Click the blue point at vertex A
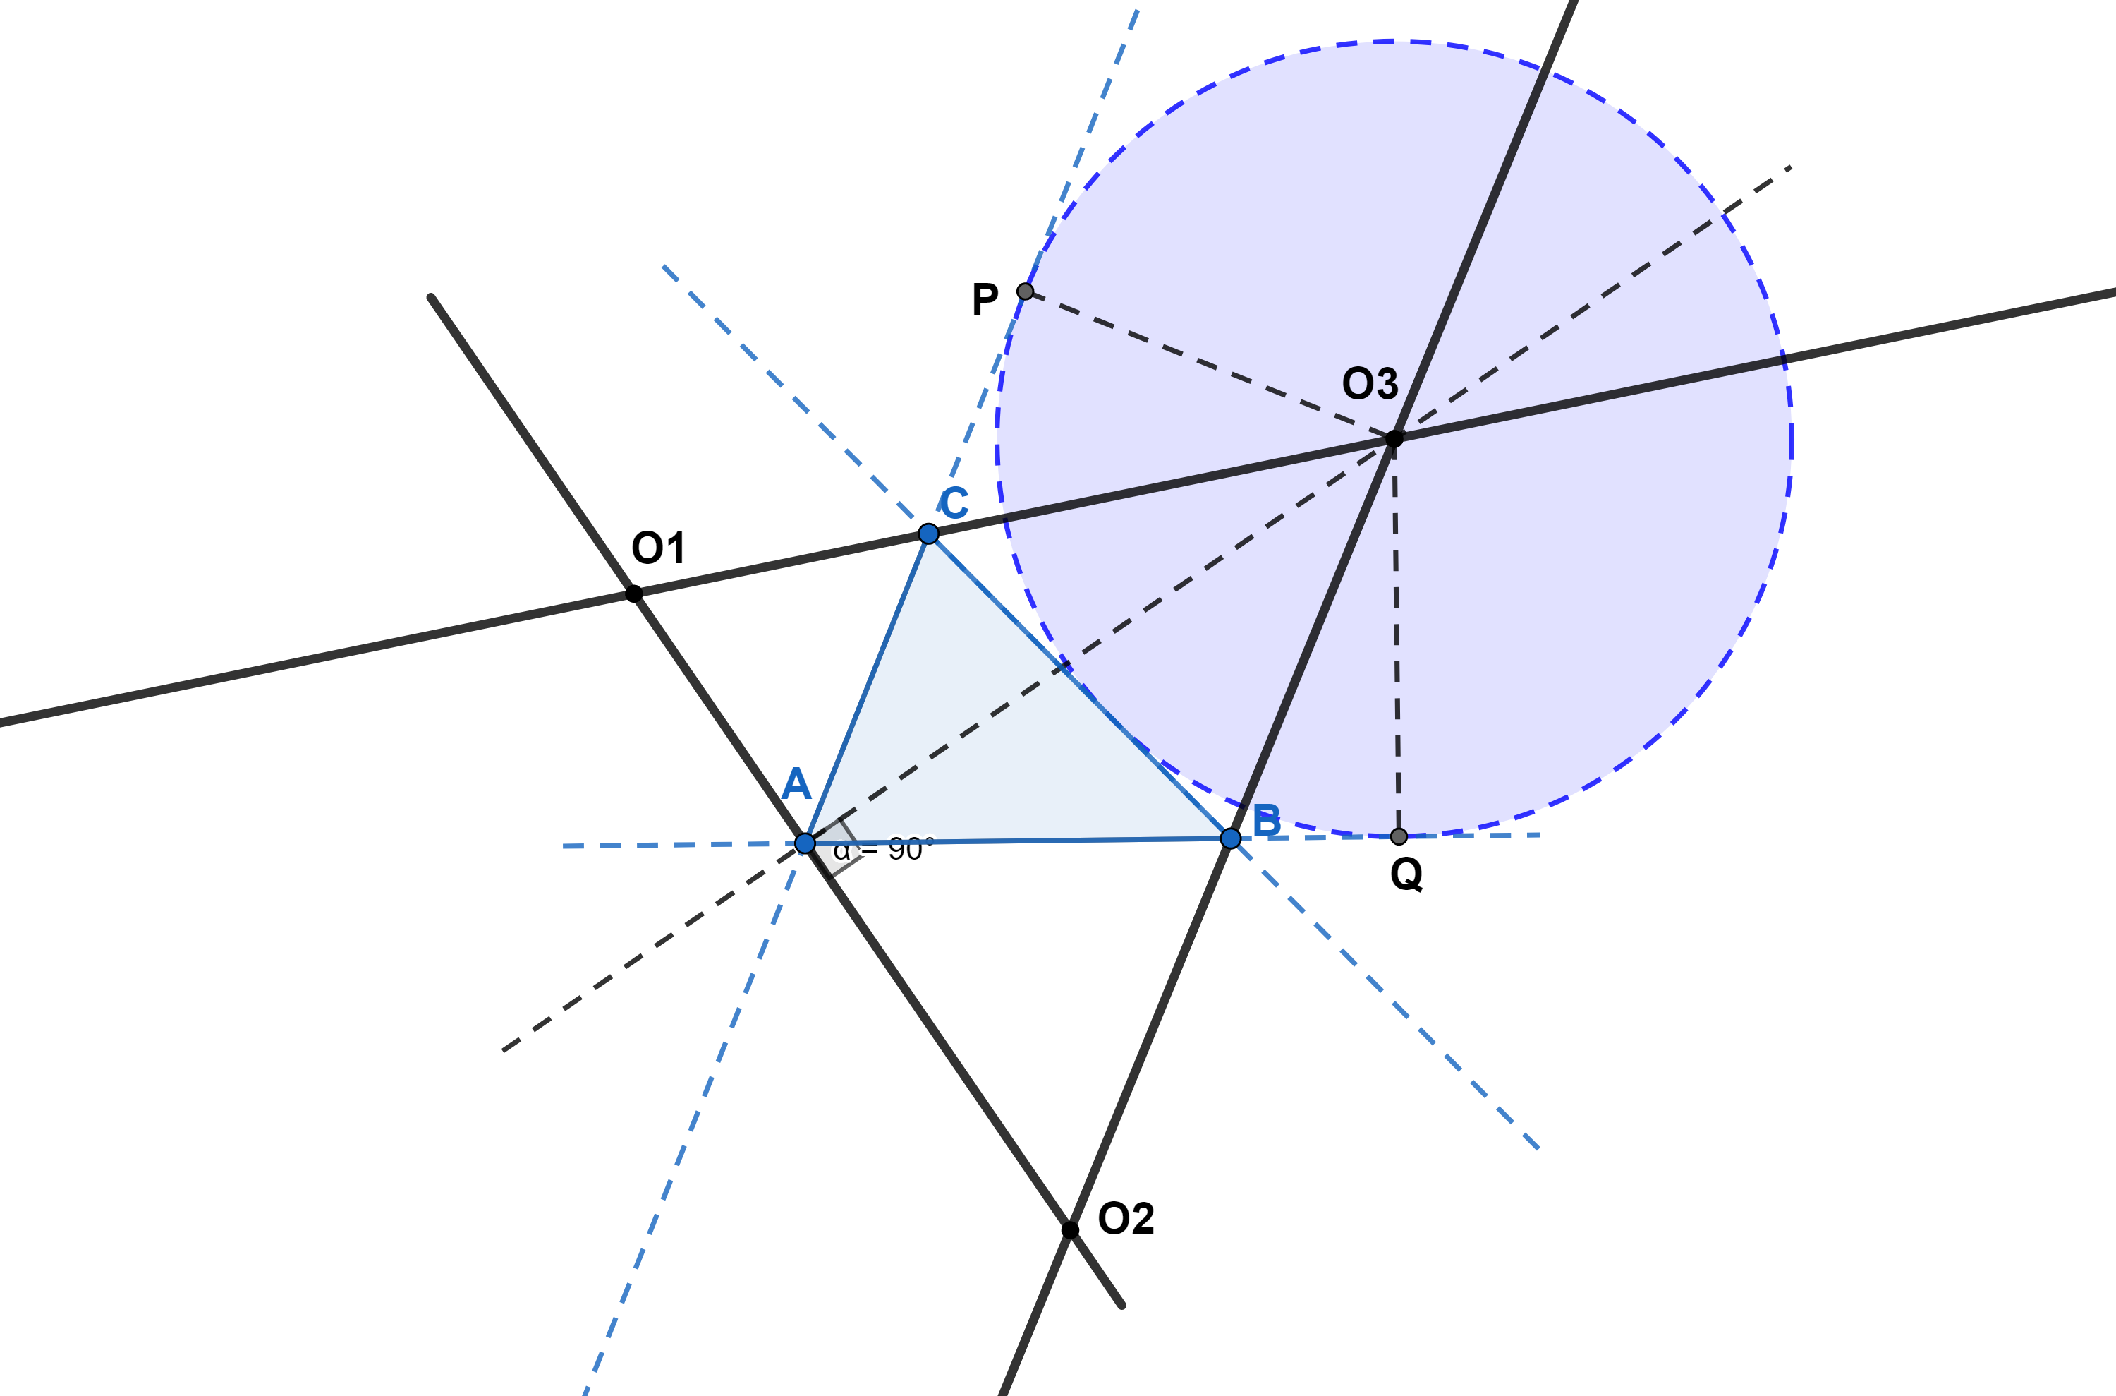(x=804, y=843)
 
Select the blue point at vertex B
(x=1231, y=838)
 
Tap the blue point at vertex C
(x=928, y=534)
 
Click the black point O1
(x=633, y=593)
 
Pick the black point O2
(x=1071, y=1230)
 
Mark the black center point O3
(x=1394, y=438)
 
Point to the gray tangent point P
(x=1025, y=291)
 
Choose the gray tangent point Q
(x=1399, y=836)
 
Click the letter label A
(x=796, y=784)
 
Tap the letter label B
(x=1266, y=820)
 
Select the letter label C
(x=954, y=503)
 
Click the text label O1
(x=659, y=548)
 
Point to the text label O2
(x=1126, y=1218)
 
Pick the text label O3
(x=1370, y=384)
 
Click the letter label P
(x=985, y=299)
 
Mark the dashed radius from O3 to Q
(x=1396, y=637)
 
